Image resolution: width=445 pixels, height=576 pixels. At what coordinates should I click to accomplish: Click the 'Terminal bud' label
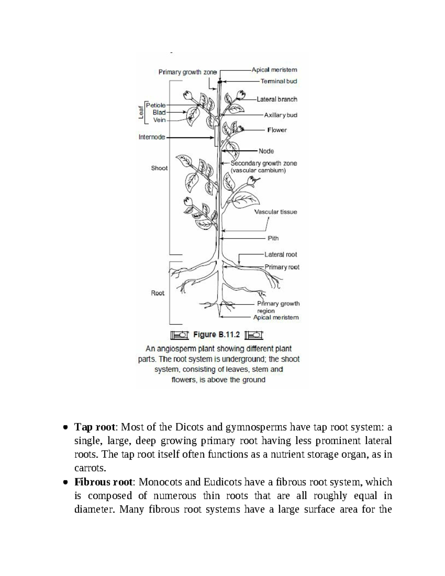[x=278, y=81]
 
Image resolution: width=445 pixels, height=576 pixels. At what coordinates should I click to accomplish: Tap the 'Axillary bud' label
[x=280, y=115]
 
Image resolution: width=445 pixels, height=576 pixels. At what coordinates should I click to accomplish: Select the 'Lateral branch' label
[x=277, y=99]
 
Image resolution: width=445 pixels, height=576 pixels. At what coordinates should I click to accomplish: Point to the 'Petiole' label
[x=156, y=105]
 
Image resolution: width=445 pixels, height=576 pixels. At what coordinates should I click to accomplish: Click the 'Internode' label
[x=152, y=137]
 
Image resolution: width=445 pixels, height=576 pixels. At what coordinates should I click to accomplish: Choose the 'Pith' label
[x=273, y=238]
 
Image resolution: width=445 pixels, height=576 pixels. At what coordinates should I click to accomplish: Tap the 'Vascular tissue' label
[x=275, y=212]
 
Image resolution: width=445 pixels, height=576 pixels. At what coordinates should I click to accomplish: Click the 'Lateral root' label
[x=280, y=254]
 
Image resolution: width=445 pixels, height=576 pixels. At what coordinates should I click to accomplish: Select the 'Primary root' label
[x=282, y=267]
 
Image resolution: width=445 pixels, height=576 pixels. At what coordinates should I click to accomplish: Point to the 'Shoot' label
[x=159, y=168]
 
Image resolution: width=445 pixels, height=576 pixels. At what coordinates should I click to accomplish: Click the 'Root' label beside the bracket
[x=158, y=293]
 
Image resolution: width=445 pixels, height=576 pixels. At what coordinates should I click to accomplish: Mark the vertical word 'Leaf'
[x=141, y=112]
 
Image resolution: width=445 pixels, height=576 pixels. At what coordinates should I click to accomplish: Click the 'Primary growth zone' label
[x=187, y=72]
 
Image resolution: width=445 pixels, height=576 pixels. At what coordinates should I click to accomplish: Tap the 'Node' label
[x=266, y=151]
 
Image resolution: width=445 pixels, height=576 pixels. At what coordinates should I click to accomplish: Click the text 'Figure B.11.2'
[x=217, y=335]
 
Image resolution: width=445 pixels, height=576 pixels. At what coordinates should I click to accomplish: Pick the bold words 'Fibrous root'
[x=103, y=482]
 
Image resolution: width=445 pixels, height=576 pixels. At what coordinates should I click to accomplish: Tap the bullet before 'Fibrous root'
[x=65, y=483]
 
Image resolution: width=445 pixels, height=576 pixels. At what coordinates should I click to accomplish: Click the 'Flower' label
[x=277, y=130]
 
